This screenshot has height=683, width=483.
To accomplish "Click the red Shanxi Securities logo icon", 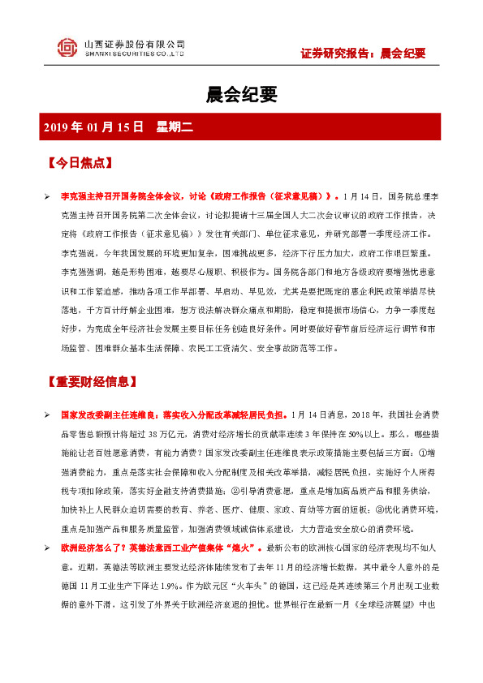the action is (x=67, y=48).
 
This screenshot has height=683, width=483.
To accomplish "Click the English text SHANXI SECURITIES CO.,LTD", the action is (x=134, y=55).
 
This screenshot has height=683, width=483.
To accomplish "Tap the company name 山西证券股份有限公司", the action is (x=134, y=44).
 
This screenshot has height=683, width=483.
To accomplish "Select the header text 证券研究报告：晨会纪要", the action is (x=363, y=54).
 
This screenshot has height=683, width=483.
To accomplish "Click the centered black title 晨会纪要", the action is (x=241, y=96).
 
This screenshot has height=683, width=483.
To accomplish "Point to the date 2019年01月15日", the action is (x=93, y=127).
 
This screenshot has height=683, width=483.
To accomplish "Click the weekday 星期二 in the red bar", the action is (x=173, y=127).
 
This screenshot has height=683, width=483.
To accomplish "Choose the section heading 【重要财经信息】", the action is (x=96, y=380).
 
